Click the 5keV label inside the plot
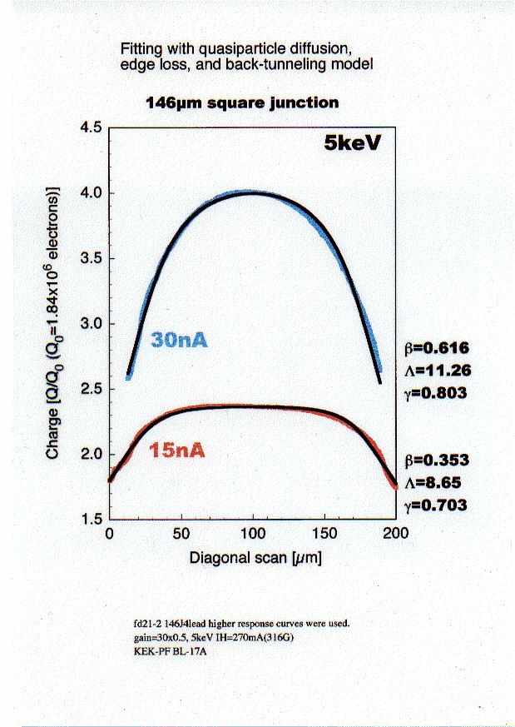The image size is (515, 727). click(353, 142)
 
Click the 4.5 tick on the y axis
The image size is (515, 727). click(89, 127)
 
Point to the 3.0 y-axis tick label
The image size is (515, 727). click(89, 324)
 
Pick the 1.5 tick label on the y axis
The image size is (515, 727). click(89, 520)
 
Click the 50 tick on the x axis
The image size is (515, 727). click(181, 534)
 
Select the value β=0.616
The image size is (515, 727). click(434, 349)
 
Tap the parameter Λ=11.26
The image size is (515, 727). click(434, 371)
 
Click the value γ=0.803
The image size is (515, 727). click(433, 392)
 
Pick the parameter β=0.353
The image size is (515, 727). click(434, 461)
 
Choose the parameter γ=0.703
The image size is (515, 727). click(433, 505)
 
